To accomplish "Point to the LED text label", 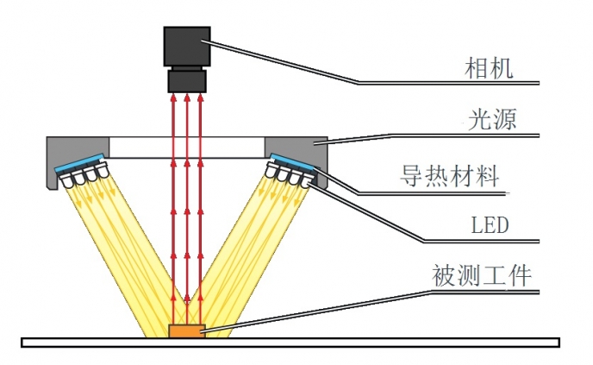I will (490, 226).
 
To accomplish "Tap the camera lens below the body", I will (186, 81).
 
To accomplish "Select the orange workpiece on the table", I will (186, 330).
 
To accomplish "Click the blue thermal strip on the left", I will (81, 162).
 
